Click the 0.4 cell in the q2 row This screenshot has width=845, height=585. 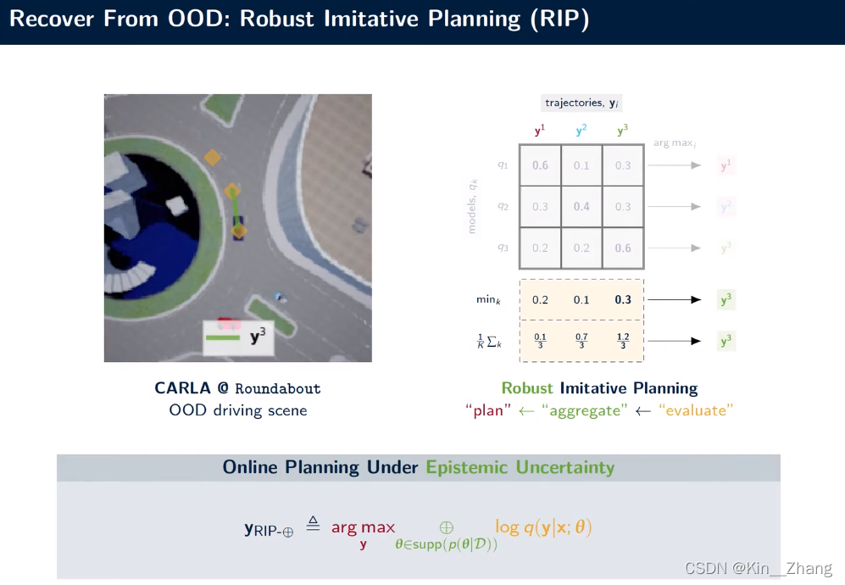coord(581,207)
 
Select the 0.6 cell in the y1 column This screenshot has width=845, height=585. coord(540,165)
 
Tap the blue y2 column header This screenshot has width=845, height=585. coord(581,131)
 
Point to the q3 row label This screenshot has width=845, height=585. coord(503,248)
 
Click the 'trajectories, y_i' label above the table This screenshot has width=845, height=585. coord(582,103)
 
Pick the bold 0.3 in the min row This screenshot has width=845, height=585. coord(623,299)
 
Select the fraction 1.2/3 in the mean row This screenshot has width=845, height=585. coord(623,342)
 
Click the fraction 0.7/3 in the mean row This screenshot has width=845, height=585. coord(581,342)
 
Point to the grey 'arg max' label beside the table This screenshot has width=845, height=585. coord(673,143)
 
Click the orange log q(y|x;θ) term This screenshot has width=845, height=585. coord(543,527)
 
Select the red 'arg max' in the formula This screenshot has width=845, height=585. coord(363,527)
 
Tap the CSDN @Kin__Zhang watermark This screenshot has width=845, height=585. coord(758,568)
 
